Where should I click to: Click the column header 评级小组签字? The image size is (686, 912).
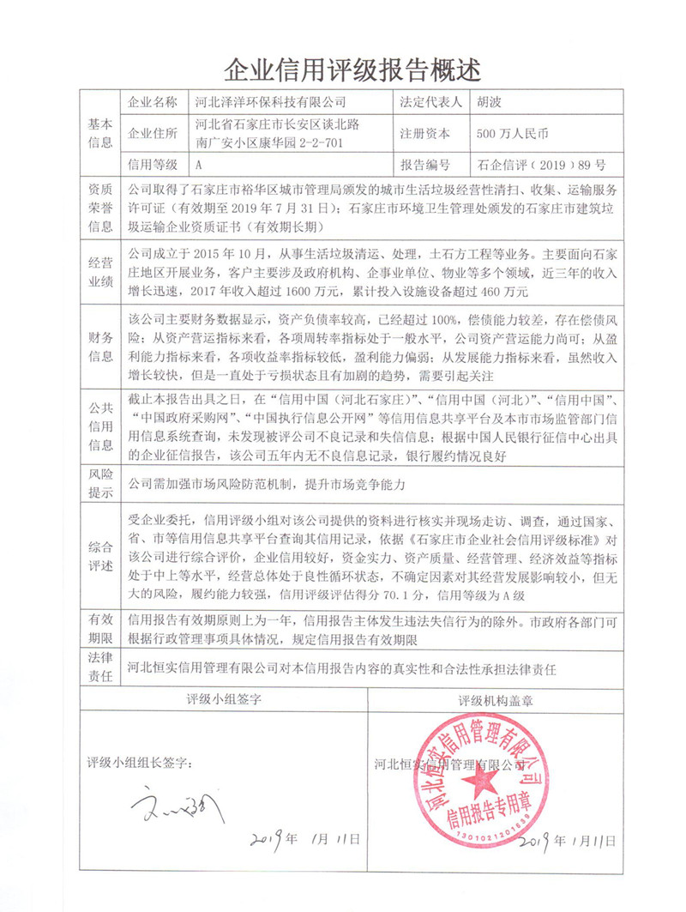[x=222, y=701]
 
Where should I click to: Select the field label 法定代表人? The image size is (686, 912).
[x=431, y=102]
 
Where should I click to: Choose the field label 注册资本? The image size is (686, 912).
[x=424, y=134]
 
